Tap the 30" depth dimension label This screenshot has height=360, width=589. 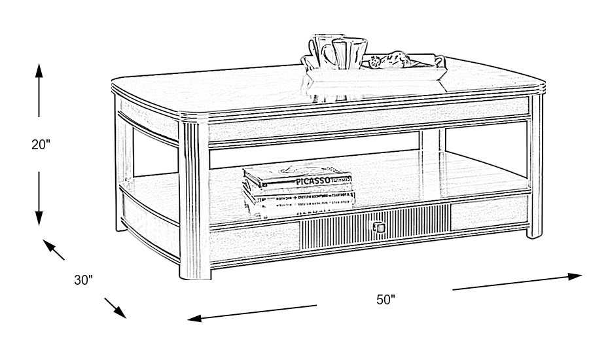click(x=83, y=280)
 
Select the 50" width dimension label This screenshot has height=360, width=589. click(x=386, y=300)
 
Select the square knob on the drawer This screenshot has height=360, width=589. click(x=379, y=228)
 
